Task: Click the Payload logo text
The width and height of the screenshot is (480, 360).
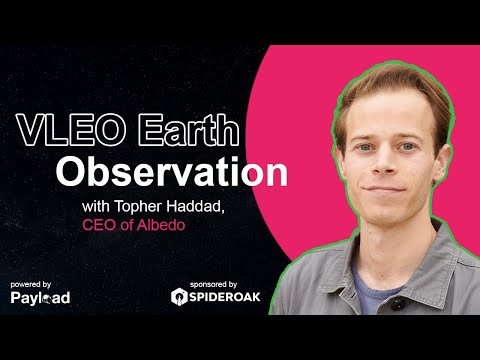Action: coord(40,298)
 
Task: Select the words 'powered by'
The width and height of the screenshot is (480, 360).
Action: coord(33,283)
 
